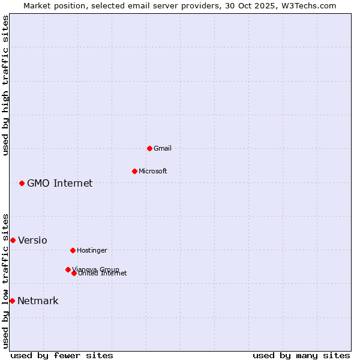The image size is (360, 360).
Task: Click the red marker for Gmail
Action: (x=149, y=148)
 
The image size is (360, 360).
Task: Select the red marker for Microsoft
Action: (x=134, y=171)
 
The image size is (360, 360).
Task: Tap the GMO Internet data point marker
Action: (x=22, y=183)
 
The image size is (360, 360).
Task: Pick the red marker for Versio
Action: (x=13, y=240)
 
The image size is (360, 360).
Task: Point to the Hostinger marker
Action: (x=73, y=250)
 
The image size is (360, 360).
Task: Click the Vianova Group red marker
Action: (x=68, y=269)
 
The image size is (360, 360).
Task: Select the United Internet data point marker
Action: (x=74, y=273)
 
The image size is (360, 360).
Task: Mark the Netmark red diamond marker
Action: (x=12, y=301)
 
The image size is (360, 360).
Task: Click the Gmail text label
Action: (x=163, y=148)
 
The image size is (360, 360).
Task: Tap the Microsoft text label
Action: (x=153, y=171)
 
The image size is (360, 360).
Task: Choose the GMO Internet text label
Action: (x=60, y=183)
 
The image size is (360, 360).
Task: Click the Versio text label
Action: (x=32, y=240)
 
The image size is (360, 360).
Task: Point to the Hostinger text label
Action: (x=92, y=250)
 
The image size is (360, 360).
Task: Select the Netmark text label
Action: (x=38, y=301)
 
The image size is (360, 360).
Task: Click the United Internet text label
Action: (x=103, y=274)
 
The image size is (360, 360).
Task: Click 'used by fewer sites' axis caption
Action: (x=62, y=355)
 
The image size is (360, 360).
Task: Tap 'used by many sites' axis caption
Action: (x=301, y=355)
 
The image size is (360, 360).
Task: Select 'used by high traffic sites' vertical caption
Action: (x=5, y=85)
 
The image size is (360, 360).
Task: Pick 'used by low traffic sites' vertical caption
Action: (x=5, y=280)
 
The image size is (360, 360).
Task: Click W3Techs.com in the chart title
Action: (x=307, y=5)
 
